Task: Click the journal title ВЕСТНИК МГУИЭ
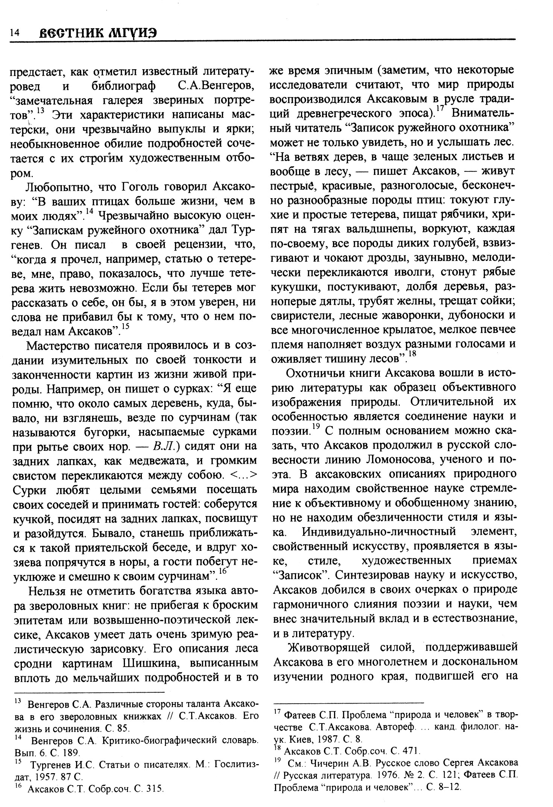tap(97, 33)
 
